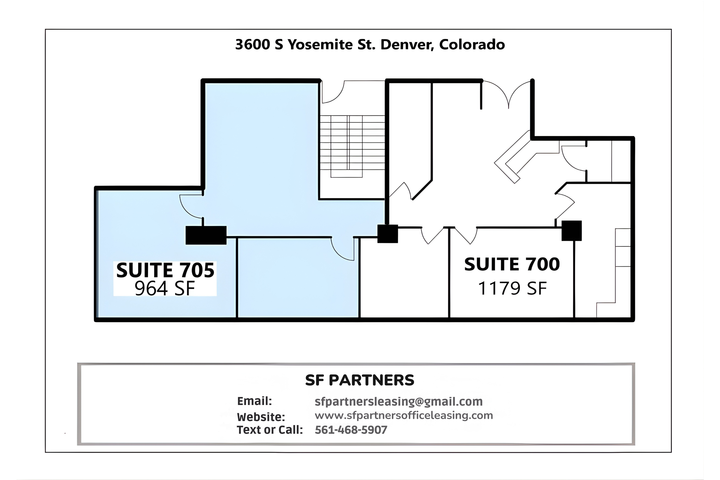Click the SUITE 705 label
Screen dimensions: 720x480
coord(165,270)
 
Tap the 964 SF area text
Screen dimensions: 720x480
coord(165,288)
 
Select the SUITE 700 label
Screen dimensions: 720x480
coord(512,264)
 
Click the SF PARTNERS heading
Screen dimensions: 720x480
coord(360,380)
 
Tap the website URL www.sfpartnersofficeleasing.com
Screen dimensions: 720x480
coord(404,415)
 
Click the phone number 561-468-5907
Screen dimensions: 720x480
coord(351,430)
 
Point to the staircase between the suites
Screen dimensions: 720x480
coord(352,146)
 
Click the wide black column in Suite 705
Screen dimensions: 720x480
coord(206,235)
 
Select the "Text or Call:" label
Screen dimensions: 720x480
coord(270,430)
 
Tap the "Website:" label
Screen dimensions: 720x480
coord(261,417)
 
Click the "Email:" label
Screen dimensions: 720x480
coord(254,401)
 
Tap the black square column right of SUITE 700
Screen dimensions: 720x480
coord(571,230)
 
